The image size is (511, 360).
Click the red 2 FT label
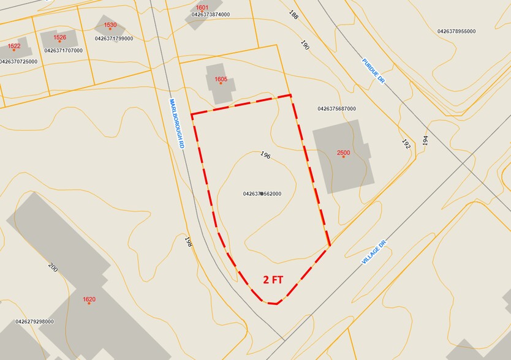click(x=273, y=280)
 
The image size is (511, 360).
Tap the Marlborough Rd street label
click(x=178, y=124)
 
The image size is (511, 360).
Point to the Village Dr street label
click(x=374, y=251)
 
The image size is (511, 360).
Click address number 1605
click(x=221, y=80)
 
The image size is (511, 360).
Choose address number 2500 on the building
click(x=343, y=152)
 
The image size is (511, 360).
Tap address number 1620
click(x=89, y=299)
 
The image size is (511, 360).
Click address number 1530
click(x=110, y=25)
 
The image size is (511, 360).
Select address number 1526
click(x=59, y=37)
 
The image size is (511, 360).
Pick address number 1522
click(x=14, y=46)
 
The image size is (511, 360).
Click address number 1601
click(x=203, y=7)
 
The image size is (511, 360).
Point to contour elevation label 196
click(x=265, y=156)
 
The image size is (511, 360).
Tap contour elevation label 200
click(x=53, y=267)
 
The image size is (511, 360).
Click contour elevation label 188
click(x=293, y=15)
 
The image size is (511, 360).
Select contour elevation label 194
click(x=425, y=140)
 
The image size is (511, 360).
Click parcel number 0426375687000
click(x=336, y=109)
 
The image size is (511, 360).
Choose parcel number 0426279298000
click(x=34, y=321)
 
